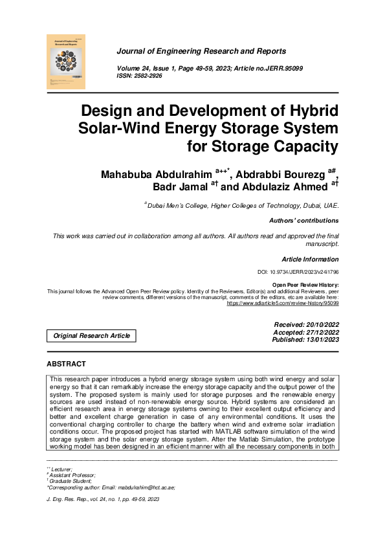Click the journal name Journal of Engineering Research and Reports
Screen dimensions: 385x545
pyautogui.click(x=201, y=51)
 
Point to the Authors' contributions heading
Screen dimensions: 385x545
pyautogui.click(x=303, y=221)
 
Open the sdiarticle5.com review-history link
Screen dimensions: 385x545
pyautogui.click(x=281, y=302)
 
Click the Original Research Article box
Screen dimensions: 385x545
pyautogui.click(x=91, y=335)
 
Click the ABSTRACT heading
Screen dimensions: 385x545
pyautogui.click(x=66, y=364)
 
